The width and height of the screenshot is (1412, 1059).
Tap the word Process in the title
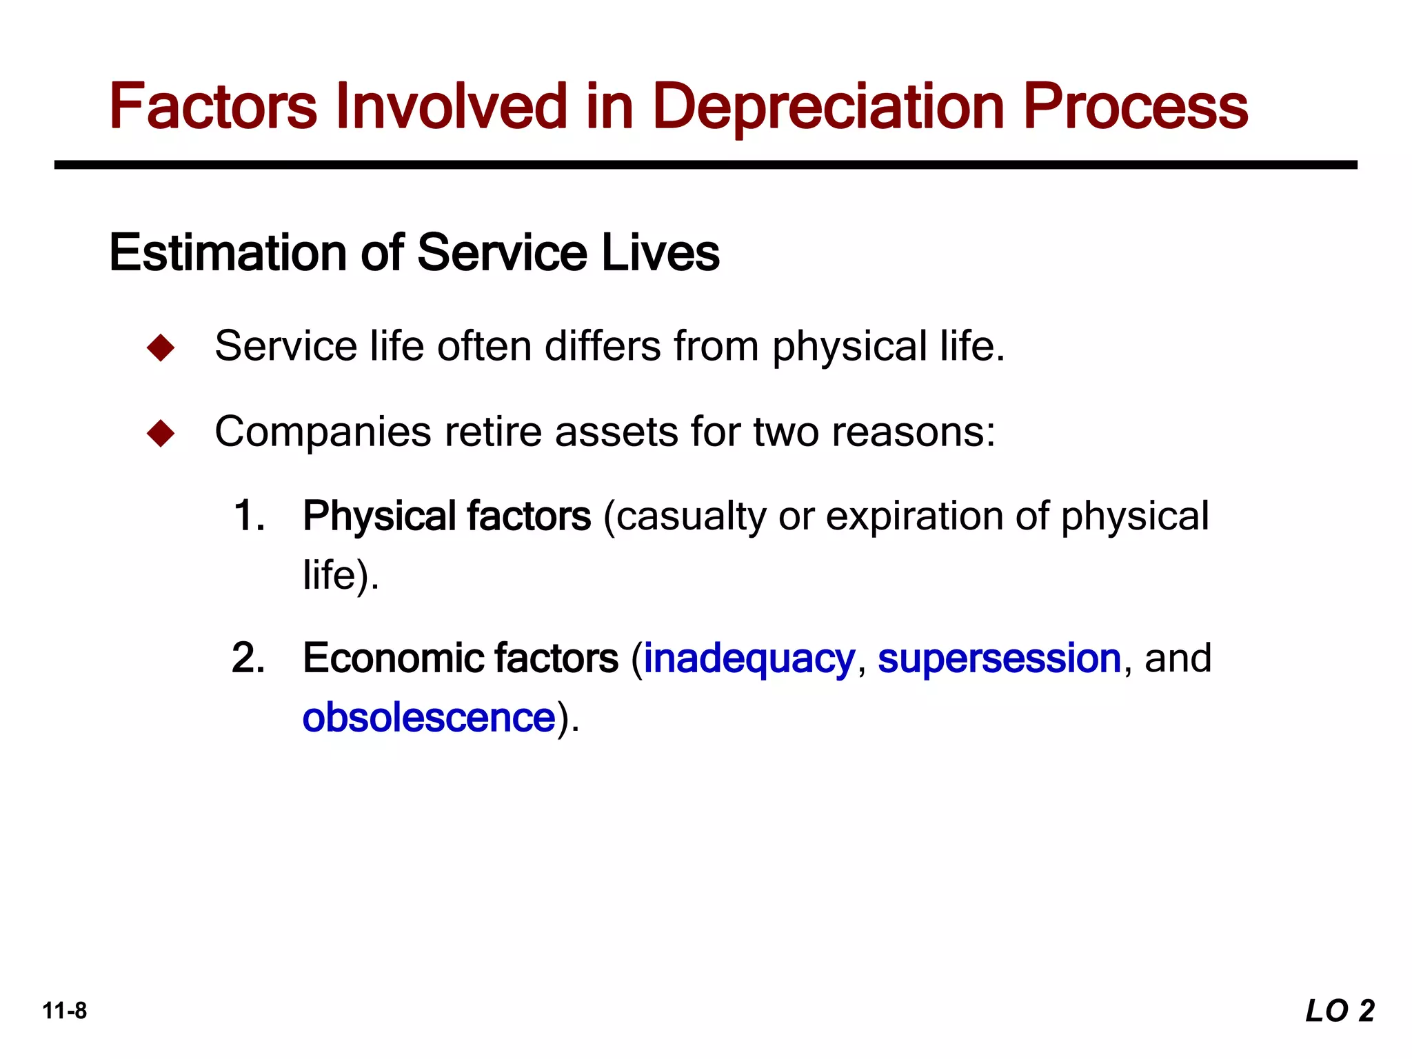[x=1135, y=107]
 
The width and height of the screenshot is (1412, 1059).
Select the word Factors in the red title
[x=213, y=107]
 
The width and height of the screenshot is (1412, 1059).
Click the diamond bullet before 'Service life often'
[x=161, y=347]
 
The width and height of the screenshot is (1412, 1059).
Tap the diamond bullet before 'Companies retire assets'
[x=161, y=434]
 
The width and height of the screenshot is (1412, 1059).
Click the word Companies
[x=323, y=433]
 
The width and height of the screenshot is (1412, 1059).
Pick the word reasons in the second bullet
[x=913, y=432]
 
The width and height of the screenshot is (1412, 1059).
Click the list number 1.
[x=249, y=516]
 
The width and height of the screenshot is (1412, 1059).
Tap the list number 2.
[x=249, y=658]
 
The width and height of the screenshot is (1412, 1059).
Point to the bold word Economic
[x=392, y=658]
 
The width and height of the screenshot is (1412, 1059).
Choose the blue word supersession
[x=999, y=658]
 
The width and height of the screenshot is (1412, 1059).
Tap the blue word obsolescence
[x=429, y=717]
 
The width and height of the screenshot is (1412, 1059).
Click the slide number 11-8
[x=65, y=1011]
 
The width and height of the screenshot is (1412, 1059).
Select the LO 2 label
[x=1340, y=1011]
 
